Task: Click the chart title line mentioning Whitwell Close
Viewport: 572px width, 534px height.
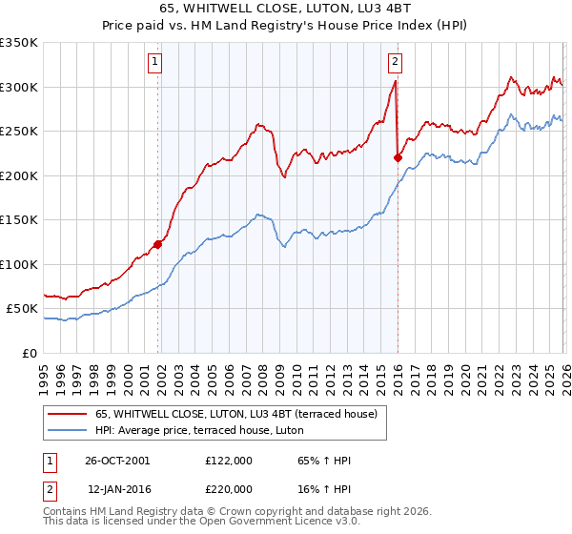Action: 286,10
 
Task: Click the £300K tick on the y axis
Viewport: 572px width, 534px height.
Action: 19,87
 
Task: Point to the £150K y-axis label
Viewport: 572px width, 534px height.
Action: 19,220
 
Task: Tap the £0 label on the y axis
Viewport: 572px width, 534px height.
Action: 29,354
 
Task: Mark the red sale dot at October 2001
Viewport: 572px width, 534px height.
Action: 158,244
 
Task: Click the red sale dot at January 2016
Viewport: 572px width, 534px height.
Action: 398,158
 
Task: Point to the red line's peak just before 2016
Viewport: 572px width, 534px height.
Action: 395,82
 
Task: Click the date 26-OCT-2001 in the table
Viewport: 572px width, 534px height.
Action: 116,461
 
